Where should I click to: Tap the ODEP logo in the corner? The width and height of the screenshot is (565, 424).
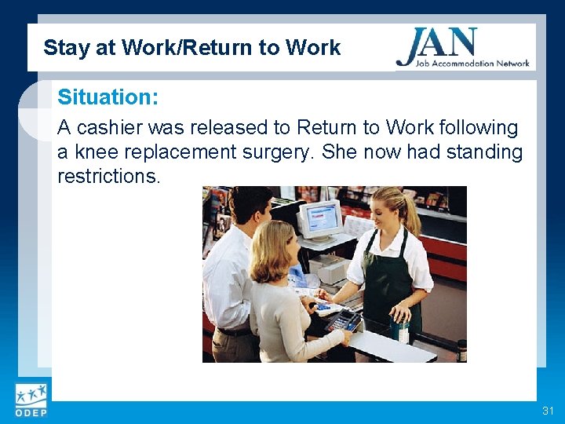30,400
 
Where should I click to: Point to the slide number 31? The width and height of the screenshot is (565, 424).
547,411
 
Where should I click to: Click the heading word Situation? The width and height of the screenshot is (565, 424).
108,98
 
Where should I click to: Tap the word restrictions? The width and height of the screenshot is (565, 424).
108,176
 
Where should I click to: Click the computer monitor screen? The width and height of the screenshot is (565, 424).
320,219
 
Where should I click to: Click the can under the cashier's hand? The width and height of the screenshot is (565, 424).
401,329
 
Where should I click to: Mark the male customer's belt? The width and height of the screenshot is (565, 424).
233,331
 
